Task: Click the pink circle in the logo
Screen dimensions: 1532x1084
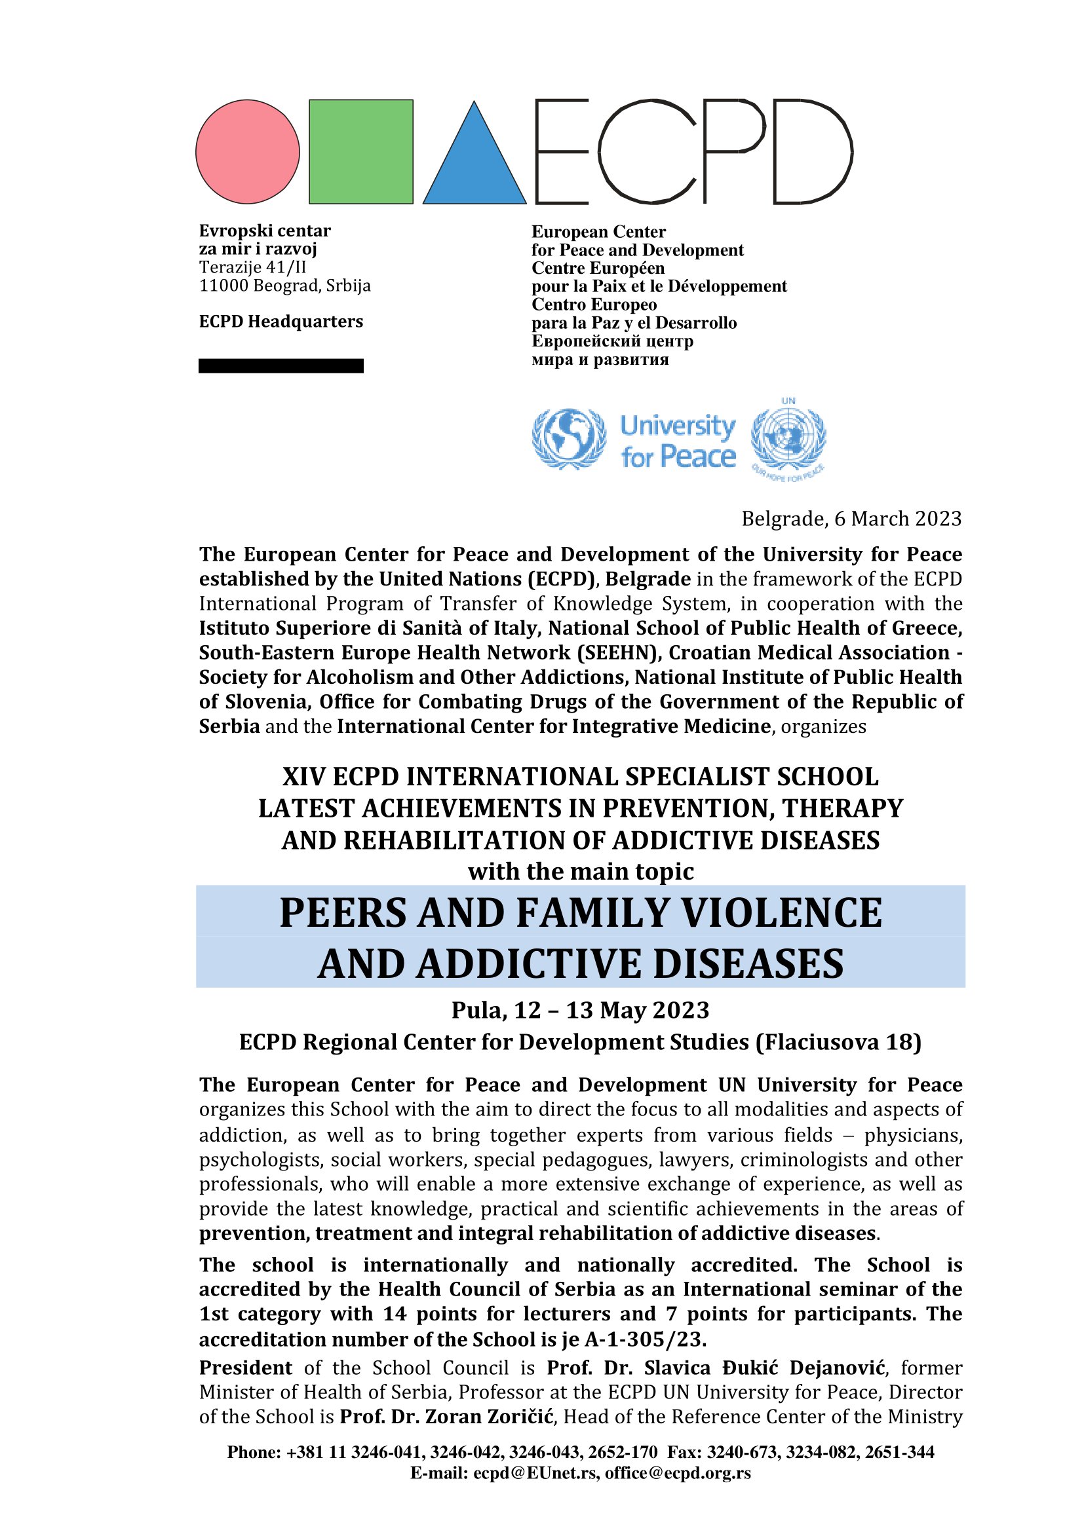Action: click(x=247, y=151)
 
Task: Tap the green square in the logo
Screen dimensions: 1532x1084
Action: click(x=360, y=151)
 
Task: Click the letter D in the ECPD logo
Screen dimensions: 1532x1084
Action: click(x=811, y=151)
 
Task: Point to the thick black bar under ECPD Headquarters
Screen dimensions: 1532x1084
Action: click(x=281, y=365)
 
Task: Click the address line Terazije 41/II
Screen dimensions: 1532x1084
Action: click(x=252, y=268)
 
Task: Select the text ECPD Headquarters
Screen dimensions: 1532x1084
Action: click(x=281, y=322)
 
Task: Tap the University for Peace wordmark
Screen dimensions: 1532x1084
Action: click(x=678, y=441)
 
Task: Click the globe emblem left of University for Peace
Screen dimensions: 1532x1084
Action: click(x=569, y=438)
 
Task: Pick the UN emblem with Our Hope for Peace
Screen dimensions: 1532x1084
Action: click(x=788, y=438)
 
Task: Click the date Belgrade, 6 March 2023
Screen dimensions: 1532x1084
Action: click(x=851, y=519)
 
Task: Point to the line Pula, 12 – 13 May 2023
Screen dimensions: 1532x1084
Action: click(x=580, y=1010)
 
